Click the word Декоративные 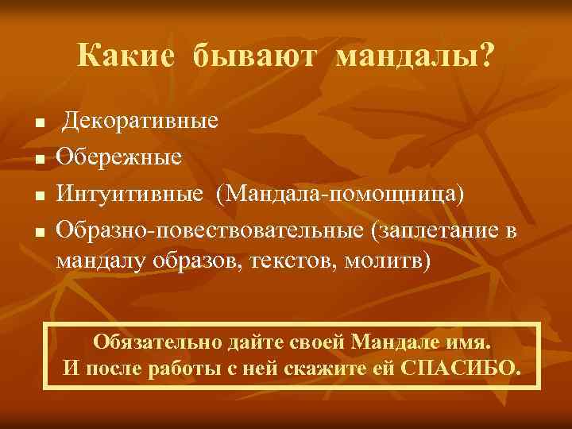tap(141, 122)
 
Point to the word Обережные tap(118, 157)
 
